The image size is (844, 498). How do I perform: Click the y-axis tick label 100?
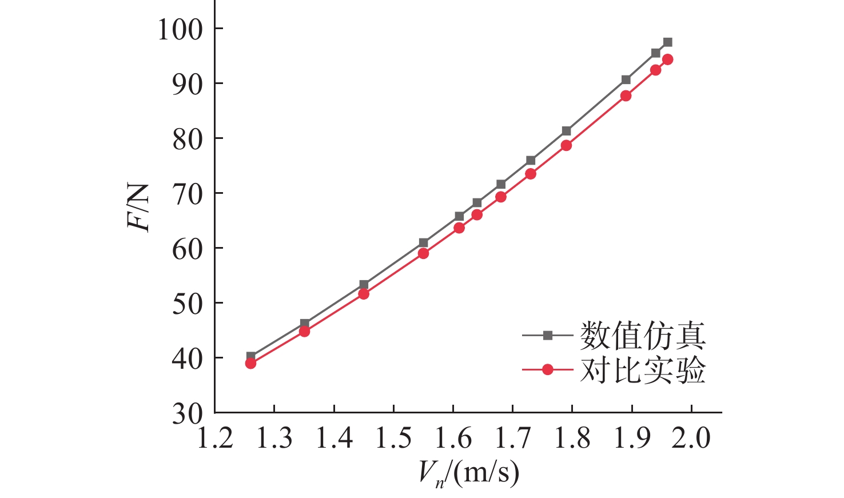(180, 29)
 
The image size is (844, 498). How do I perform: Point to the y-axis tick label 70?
(188, 194)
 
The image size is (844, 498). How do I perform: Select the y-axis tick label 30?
(188, 413)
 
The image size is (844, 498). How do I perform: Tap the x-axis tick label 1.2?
(215, 439)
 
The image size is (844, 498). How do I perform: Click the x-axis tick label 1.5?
(393, 439)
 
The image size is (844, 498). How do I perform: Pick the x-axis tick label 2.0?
(691, 439)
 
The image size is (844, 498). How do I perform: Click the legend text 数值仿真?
(643, 336)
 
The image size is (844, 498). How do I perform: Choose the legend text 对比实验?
(643, 370)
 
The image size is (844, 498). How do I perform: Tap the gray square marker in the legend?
(548, 336)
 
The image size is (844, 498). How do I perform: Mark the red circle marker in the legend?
(548, 370)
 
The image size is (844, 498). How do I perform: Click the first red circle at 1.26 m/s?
(250, 363)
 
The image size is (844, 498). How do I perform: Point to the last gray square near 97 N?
(667, 42)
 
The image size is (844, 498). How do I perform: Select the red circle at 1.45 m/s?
(364, 294)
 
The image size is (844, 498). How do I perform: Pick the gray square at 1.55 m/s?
(423, 243)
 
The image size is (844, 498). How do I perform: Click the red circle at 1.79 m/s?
(566, 145)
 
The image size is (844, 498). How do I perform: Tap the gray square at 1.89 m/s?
(626, 79)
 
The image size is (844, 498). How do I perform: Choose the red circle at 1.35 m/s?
(304, 331)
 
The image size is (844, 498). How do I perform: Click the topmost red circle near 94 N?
(667, 59)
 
